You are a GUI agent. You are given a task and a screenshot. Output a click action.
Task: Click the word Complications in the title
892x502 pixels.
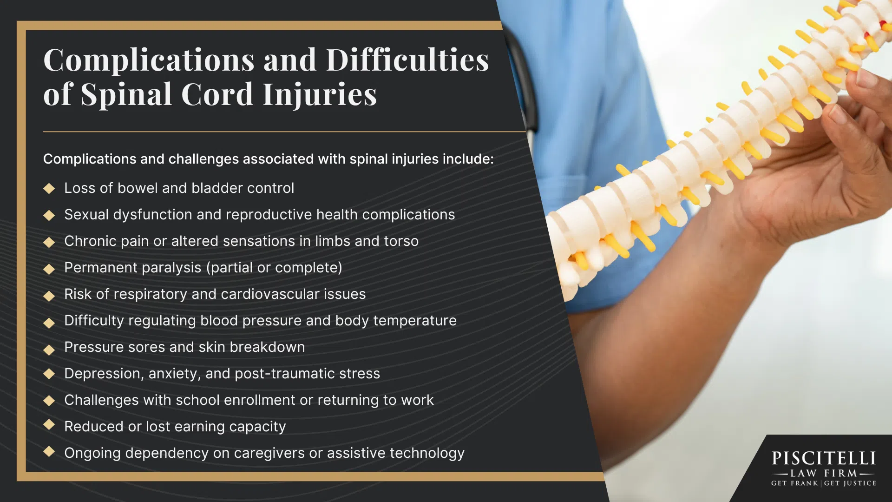point(149,61)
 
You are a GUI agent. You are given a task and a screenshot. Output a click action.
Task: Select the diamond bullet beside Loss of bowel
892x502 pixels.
point(49,188)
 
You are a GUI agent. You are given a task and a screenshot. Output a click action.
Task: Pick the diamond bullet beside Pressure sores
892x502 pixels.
point(49,350)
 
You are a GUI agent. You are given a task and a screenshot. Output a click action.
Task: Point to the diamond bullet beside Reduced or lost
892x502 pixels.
point(49,424)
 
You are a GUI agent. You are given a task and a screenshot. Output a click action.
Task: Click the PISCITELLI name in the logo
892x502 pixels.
point(824,458)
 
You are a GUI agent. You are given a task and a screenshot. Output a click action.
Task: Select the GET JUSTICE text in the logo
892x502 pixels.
point(850,483)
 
